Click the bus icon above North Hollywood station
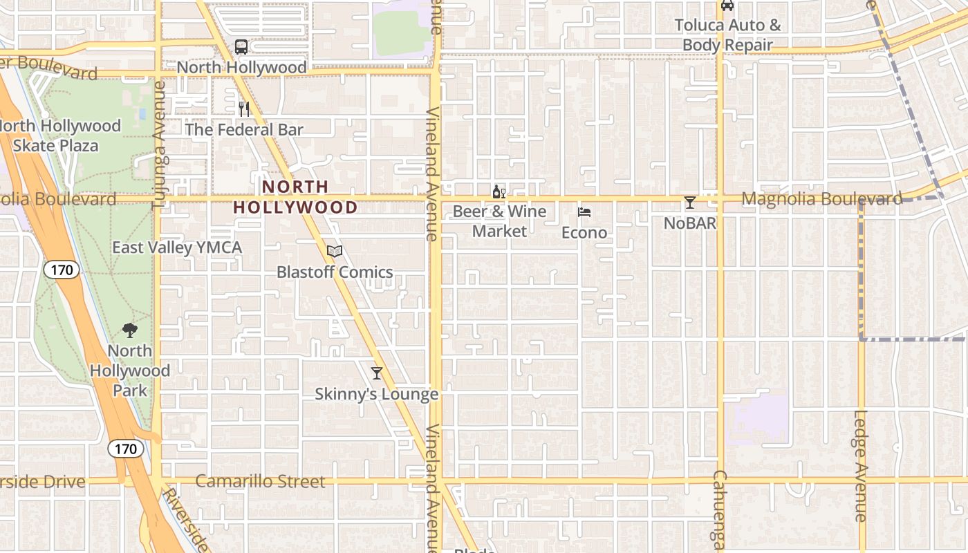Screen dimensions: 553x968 point(241,47)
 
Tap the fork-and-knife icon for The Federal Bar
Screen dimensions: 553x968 point(243,109)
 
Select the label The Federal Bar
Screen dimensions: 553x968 point(243,129)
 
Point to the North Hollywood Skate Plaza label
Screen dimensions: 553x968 point(59,135)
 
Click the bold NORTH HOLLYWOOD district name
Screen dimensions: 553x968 point(295,197)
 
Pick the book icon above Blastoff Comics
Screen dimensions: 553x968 point(335,252)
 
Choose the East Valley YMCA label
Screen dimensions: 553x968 point(177,247)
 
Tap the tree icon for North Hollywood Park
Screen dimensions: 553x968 point(129,330)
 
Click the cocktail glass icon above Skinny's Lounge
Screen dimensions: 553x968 point(377,373)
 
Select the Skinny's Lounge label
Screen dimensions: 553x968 point(377,394)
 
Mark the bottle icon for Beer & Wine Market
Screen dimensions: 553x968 point(499,192)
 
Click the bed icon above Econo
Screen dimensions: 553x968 point(584,212)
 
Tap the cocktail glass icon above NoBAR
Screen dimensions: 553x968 point(690,203)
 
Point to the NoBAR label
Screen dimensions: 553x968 point(690,223)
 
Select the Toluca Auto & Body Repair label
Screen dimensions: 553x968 point(727,35)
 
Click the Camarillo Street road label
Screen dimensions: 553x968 point(260,481)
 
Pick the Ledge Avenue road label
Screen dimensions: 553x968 point(860,466)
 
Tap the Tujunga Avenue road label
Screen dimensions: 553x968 point(159,145)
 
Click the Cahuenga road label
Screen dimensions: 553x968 point(720,512)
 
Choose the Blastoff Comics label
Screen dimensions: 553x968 point(335,272)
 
